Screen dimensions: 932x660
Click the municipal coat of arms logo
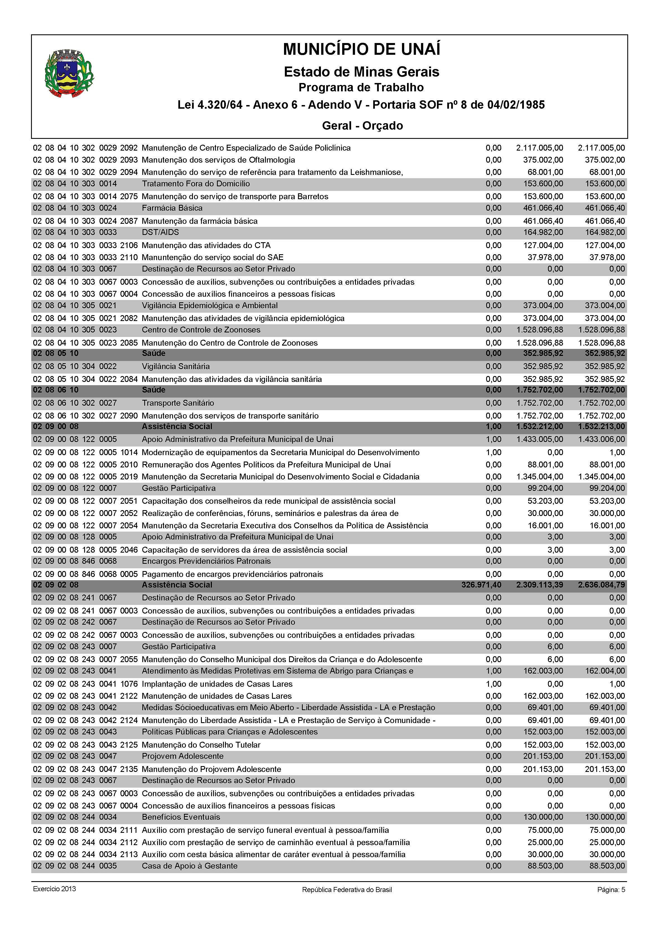(x=69, y=73)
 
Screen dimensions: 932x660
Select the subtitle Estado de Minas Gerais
(x=361, y=72)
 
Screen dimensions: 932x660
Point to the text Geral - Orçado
(x=362, y=125)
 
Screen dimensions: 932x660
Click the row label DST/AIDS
(x=160, y=232)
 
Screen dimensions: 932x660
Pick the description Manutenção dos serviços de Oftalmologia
(x=218, y=160)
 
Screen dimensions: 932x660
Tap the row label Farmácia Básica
(x=172, y=208)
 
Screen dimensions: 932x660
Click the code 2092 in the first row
(x=129, y=148)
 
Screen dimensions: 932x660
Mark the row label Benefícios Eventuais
(x=181, y=817)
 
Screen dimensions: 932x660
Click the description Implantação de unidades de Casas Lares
(x=217, y=684)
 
